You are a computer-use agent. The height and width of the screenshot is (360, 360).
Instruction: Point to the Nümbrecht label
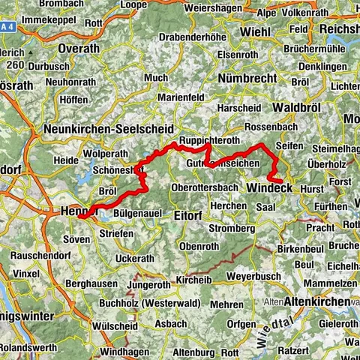click(243, 77)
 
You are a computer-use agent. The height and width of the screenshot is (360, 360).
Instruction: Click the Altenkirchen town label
click(316, 301)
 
